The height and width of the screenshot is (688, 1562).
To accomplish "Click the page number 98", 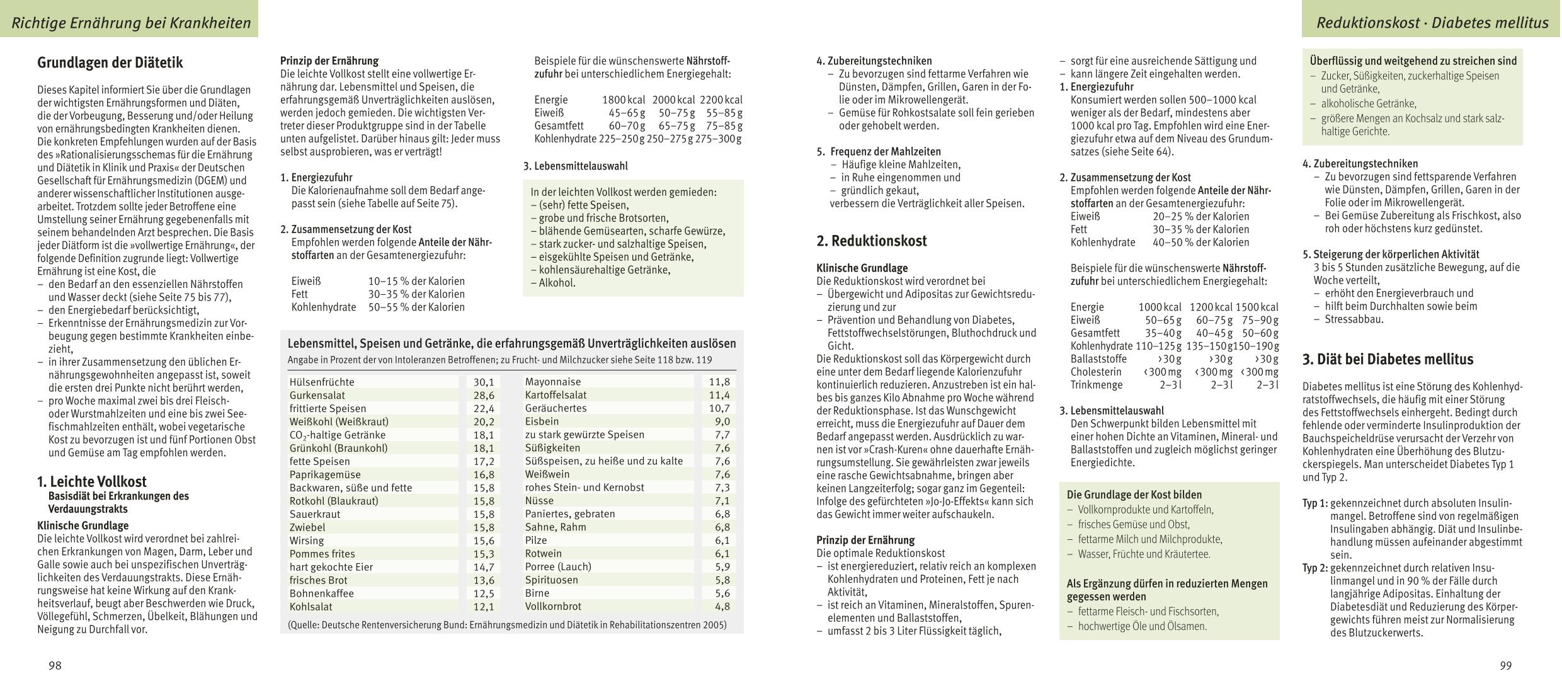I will coord(55,666).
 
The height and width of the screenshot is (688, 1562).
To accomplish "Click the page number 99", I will coord(1505,666).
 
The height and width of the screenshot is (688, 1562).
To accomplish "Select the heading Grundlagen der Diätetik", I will coord(110,63).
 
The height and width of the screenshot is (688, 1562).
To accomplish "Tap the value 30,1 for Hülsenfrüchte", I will coord(484,382).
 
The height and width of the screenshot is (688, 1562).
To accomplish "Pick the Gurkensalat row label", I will coord(317,396).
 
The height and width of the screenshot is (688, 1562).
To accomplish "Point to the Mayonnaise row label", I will coord(553,382).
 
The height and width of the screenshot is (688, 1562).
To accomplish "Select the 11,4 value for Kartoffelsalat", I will coord(719,395).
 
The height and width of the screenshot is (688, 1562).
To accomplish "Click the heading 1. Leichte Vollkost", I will coord(92,482).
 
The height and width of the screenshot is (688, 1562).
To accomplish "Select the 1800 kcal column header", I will coord(624,100).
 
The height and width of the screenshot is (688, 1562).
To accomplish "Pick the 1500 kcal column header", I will coord(1257,307).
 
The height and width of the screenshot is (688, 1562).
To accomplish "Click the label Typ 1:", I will coord(1315,503).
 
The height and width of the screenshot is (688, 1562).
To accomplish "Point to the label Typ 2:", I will coord(1315,568).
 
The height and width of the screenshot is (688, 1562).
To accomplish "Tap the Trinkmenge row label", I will coord(1097,385).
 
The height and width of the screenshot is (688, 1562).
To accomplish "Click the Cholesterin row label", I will coord(1096,372).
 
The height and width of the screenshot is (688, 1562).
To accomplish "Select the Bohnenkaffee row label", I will coord(322,593).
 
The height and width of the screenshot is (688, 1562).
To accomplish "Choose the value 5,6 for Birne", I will coord(722,593).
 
